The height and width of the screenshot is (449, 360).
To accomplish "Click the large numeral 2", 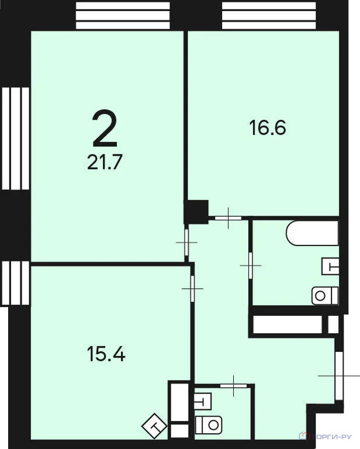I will click(x=105, y=129).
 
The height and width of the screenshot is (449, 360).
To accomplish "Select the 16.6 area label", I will click(x=268, y=127).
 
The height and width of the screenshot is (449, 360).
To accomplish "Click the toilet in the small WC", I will click(x=209, y=424).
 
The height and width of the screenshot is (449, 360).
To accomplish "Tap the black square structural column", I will click(x=196, y=211).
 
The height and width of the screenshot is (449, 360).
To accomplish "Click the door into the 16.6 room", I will click(x=228, y=217).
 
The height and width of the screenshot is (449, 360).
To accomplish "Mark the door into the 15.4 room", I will click(x=192, y=288).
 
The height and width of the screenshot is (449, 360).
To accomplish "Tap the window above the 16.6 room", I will click(x=269, y=15).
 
